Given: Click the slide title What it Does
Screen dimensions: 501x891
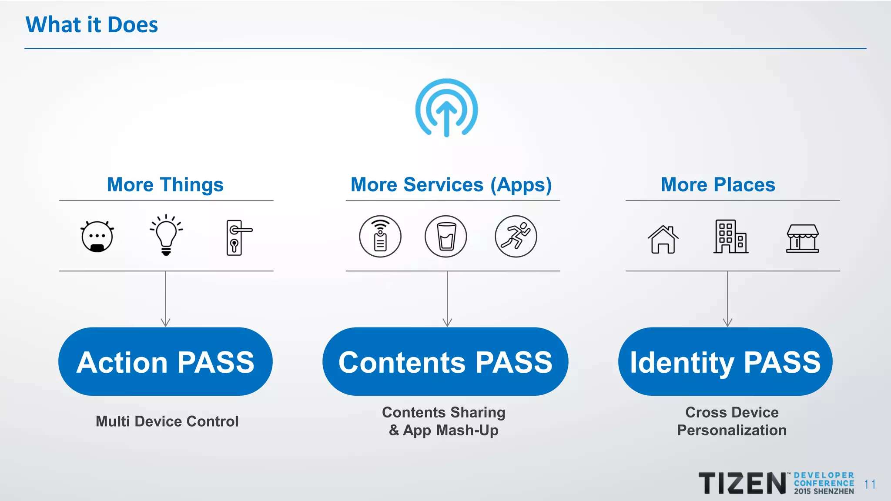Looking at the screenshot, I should coord(92,25).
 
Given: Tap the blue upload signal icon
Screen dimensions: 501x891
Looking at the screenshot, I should coord(446,108).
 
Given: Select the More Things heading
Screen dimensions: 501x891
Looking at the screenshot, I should coord(165,185).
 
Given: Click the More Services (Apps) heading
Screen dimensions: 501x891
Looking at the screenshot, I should coord(451,185).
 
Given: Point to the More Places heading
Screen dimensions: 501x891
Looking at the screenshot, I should coord(718,185).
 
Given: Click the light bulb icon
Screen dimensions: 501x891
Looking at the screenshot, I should coord(166,235).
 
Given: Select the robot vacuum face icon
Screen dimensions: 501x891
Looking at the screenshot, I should coord(97,237).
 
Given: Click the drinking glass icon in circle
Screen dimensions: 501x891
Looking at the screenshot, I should coord(446,237).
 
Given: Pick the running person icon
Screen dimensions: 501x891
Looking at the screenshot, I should coord(516,237).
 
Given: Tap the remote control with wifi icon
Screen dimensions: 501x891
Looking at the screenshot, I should coord(380,237).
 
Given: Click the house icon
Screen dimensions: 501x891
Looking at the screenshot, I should coord(663,239).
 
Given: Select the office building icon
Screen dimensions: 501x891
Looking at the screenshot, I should coord(730,237).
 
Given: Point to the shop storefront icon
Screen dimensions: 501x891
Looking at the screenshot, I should coord(802,238).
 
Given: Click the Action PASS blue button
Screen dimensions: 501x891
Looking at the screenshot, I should coord(165,362).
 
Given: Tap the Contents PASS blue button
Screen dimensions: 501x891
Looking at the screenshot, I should coord(445,362).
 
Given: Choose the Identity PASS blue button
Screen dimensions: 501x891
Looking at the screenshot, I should coord(725,362).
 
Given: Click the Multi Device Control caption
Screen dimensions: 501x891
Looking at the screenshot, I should coord(167,421).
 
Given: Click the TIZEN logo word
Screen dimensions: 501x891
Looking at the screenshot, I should coord(742,484).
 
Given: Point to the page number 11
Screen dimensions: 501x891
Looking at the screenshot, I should coord(870,484).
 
